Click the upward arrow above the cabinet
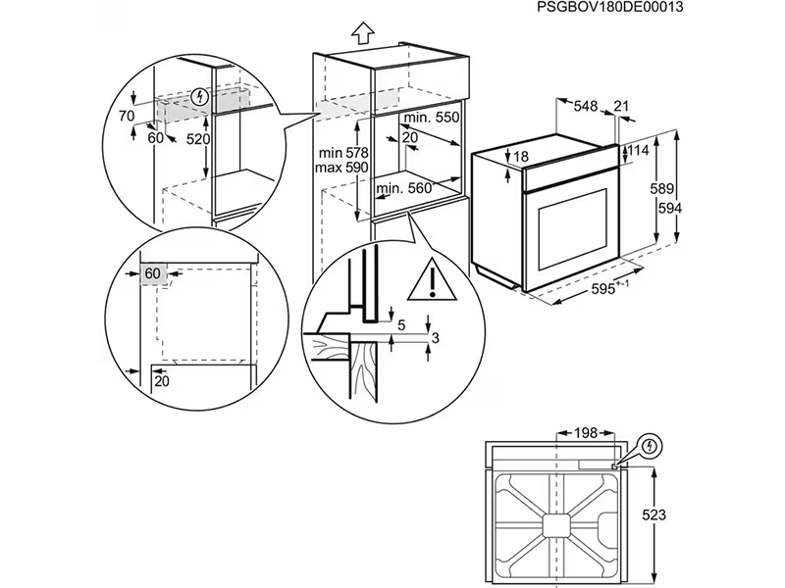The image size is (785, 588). pyautogui.click(x=360, y=33)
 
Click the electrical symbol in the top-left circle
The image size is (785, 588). pyautogui.click(x=202, y=96)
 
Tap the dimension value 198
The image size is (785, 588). pyautogui.click(x=587, y=432)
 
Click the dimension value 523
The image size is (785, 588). pyautogui.click(x=669, y=513)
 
